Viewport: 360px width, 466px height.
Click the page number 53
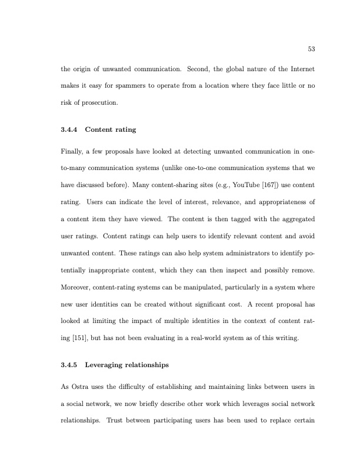311,48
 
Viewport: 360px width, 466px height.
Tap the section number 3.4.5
71,365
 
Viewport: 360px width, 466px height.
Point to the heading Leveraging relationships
127,365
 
